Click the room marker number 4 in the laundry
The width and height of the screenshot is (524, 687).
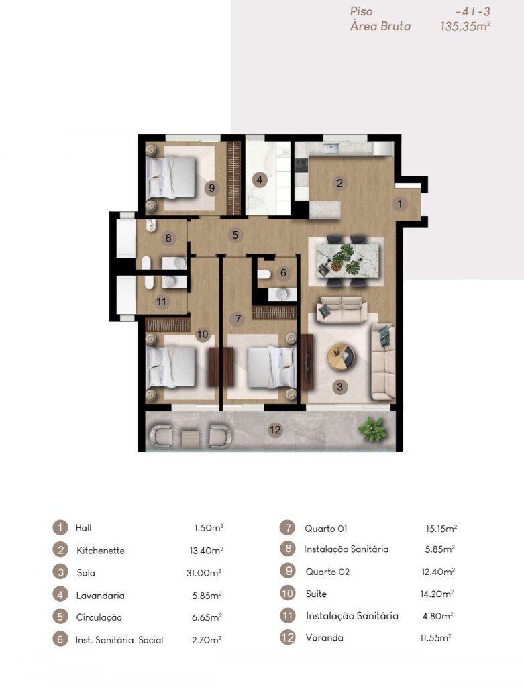pos(260,180)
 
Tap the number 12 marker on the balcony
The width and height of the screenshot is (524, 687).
pos(274,430)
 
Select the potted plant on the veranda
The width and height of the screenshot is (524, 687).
pos(372,429)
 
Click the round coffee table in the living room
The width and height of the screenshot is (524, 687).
pos(342,357)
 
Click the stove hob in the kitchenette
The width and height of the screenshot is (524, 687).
pos(301,165)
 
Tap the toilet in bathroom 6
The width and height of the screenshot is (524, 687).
pos(264,274)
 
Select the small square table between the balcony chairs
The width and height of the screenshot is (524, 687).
pos(190,437)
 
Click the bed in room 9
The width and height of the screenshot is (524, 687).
pos(171,178)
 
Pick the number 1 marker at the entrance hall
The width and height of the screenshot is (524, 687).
pos(400,204)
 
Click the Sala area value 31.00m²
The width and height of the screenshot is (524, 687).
pos(204,572)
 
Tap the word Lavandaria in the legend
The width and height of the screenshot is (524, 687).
pos(101,596)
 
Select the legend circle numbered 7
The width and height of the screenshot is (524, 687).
pos(287,527)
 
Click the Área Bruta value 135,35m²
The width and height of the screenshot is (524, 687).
pos(465,26)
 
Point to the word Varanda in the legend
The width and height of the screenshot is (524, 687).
pos(324,637)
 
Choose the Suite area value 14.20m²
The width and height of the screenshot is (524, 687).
pos(437,594)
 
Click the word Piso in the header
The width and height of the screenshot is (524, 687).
pos(362,11)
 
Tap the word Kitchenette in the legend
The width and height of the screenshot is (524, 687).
pos(101,550)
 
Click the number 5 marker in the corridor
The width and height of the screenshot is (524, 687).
pos(235,235)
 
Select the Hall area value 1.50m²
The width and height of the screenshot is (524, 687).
pos(209,527)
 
